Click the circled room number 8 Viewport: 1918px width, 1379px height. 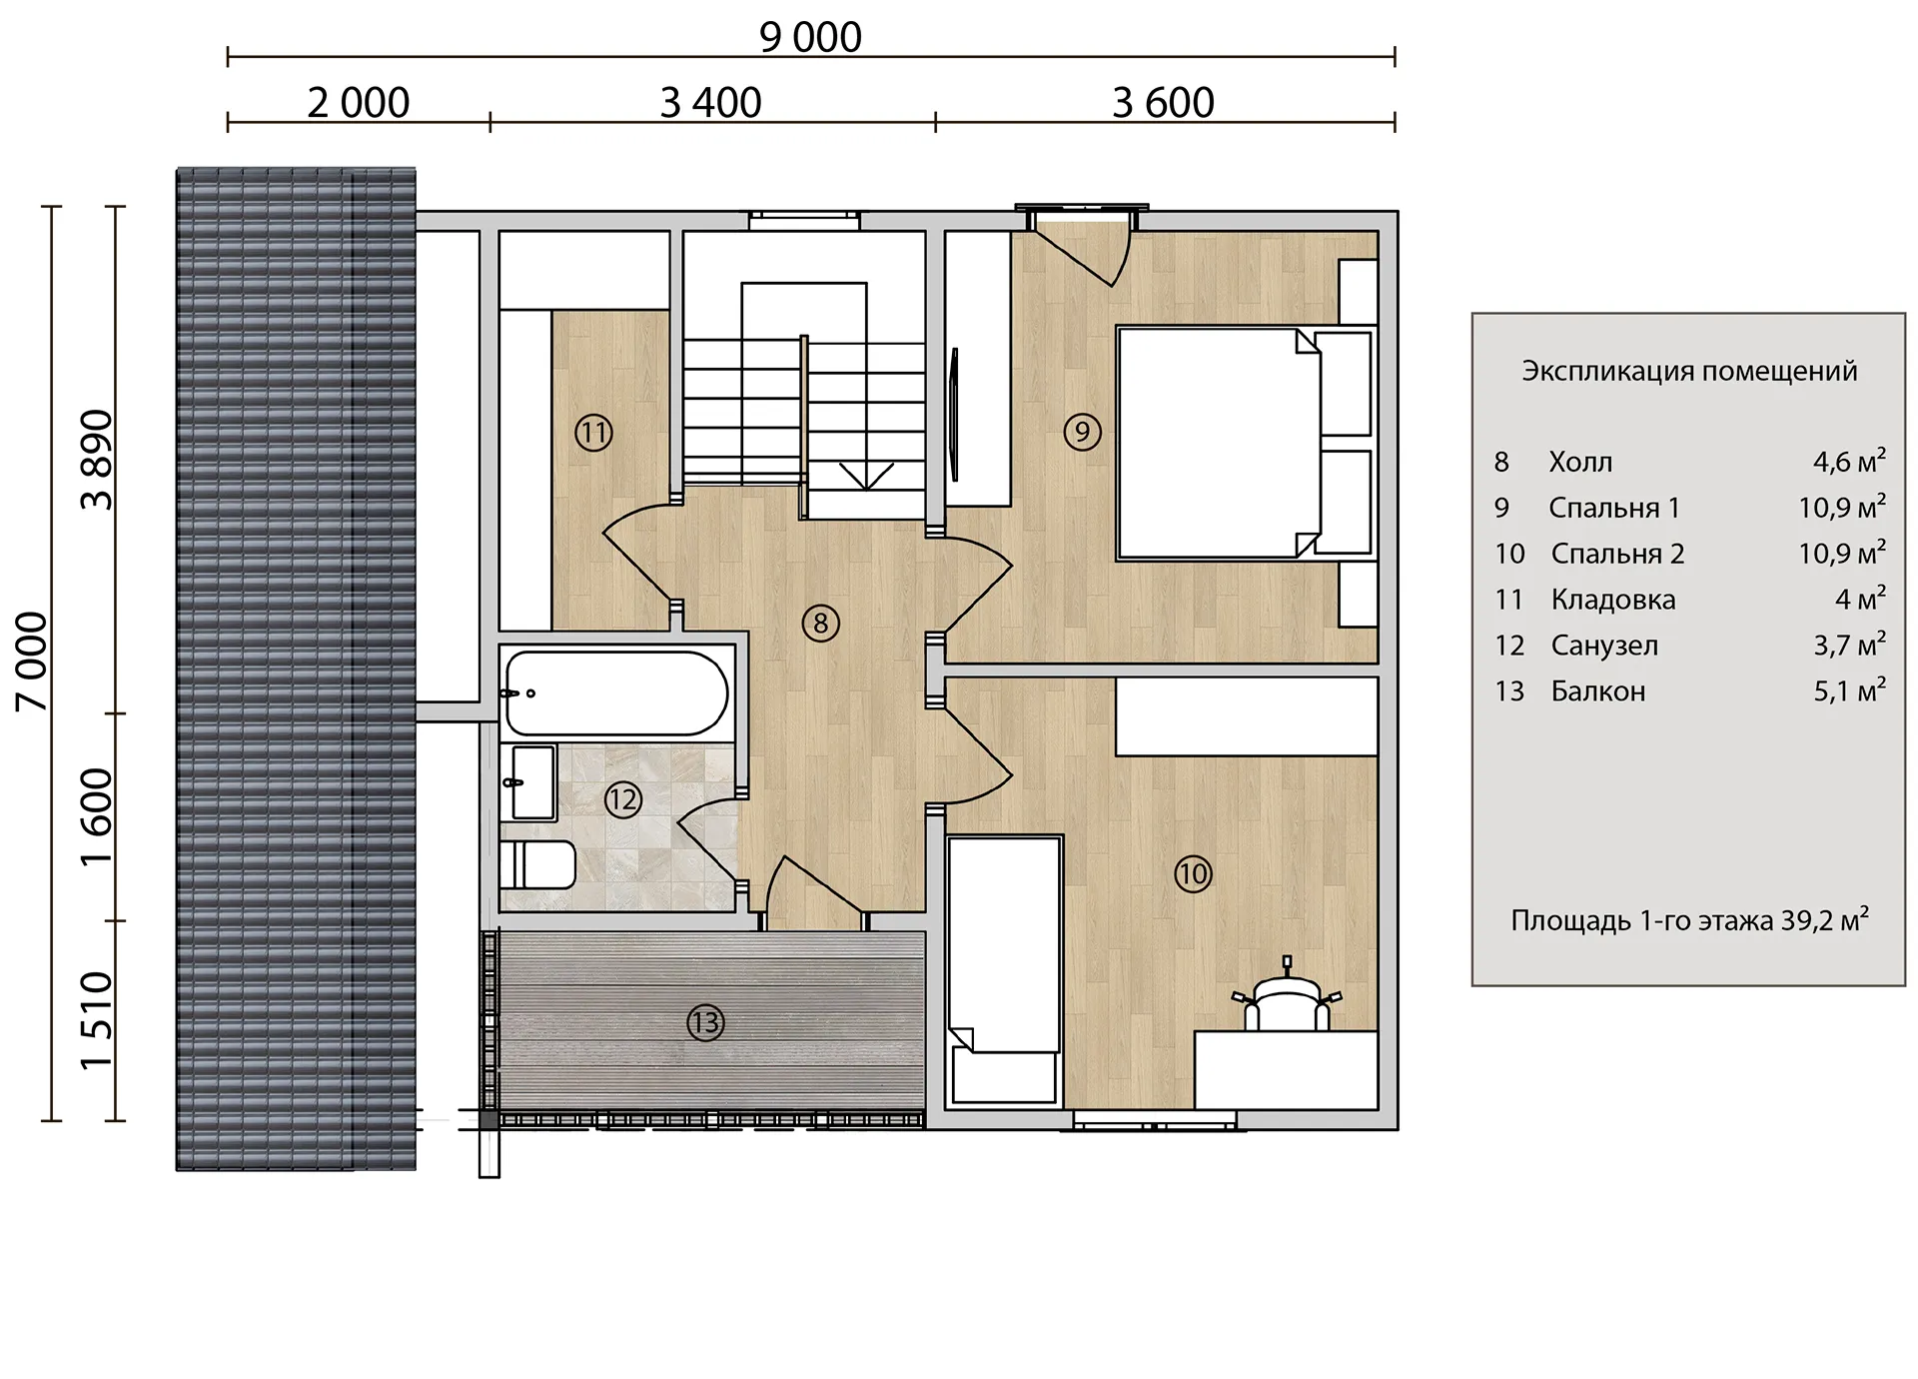coord(820,624)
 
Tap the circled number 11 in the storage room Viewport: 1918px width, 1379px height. coord(593,433)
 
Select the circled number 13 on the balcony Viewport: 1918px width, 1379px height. coord(705,1022)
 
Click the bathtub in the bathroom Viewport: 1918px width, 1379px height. coord(616,692)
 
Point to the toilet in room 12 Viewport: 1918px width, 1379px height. coord(537,864)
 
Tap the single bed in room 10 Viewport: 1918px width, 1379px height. coord(1004,970)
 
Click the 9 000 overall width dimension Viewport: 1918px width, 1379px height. coord(810,37)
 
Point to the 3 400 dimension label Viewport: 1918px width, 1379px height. coord(710,102)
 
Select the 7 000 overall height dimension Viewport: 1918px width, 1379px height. coord(33,662)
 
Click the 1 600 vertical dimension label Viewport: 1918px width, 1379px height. coord(98,817)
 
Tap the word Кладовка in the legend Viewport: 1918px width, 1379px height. coord(1612,600)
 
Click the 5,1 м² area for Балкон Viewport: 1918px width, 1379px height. coord(1849,689)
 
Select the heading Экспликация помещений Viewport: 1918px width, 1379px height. coord(1689,371)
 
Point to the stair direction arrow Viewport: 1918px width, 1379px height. coord(866,476)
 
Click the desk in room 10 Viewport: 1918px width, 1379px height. coord(1287,1070)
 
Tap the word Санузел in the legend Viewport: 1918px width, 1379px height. coord(1604,646)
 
